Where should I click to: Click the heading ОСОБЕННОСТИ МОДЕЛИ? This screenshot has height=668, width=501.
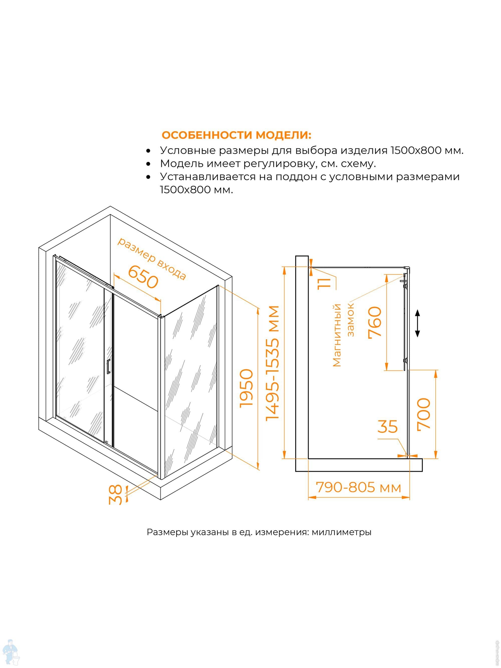[x=236, y=135]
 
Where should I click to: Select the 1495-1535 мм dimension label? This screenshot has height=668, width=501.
[x=273, y=363]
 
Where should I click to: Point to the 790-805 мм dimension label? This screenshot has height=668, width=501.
[x=358, y=487]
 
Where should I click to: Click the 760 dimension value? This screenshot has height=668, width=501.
[x=375, y=323]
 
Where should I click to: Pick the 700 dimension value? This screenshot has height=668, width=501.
[x=423, y=414]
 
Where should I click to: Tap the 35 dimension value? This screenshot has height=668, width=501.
[x=388, y=427]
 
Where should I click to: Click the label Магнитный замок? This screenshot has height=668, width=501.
[x=343, y=335]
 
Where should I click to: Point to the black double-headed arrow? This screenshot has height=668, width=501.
[x=417, y=323]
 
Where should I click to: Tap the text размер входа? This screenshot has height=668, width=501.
[x=151, y=259]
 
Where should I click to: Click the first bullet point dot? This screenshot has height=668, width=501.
[x=148, y=151]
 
